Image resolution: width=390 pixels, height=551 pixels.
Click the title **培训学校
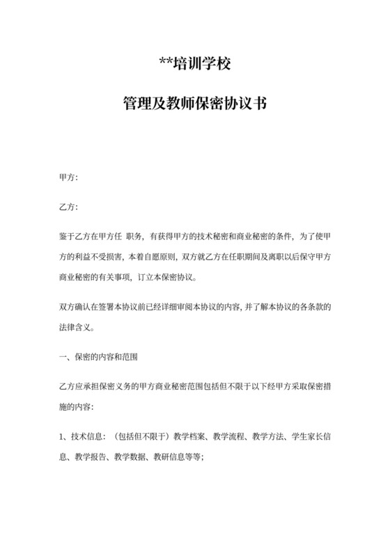coord(194,67)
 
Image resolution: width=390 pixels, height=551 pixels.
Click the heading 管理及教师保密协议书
coord(194,105)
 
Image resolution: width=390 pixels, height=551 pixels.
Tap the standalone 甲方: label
coord(68,179)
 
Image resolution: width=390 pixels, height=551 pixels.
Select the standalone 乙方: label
coord(68,207)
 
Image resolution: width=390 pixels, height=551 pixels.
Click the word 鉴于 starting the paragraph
coord(66,237)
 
